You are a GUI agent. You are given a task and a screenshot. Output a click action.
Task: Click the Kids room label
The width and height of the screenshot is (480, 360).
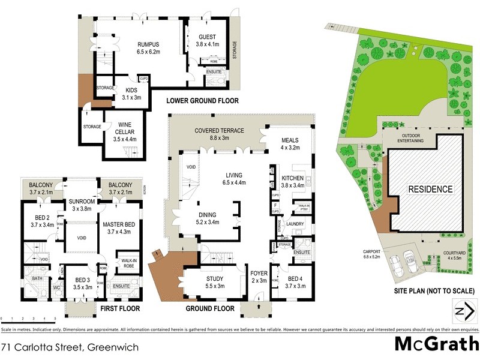131,92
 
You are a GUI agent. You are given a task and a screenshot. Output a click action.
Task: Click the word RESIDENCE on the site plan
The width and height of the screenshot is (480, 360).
430,189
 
